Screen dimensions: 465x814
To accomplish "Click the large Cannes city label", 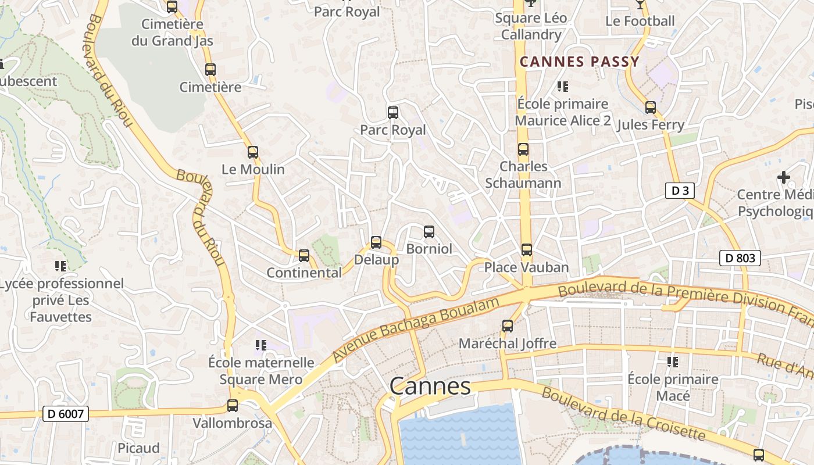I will tap(430, 387).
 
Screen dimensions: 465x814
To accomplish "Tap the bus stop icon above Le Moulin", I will tap(252, 152).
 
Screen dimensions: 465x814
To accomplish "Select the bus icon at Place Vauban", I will tap(526, 250).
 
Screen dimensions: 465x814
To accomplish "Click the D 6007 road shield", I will tap(66, 414).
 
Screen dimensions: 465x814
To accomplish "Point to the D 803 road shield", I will tap(740, 258).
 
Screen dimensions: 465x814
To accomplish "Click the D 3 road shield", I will tap(680, 191).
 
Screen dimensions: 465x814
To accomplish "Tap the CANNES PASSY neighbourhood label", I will tap(579, 62).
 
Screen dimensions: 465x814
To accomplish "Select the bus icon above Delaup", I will tap(376, 242).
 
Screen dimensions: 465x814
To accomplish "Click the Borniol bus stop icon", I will tap(429, 232).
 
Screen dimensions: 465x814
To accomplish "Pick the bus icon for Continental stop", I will tap(304, 256).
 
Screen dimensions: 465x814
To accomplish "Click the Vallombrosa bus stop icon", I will tap(233, 406).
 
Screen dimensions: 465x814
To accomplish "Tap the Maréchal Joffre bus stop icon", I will tap(508, 326).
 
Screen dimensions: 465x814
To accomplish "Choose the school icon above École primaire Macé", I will tap(673, 362).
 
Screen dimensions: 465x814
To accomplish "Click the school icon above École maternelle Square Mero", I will tap(261, 345).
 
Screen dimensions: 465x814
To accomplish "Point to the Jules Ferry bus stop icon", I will tap(650, 108).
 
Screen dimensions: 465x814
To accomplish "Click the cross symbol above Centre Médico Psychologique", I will tap(784, 177).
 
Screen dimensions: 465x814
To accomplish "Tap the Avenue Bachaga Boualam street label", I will tap(416, 330).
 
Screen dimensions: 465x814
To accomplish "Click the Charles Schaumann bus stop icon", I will tap(523, 149).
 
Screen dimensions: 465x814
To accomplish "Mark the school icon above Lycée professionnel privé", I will tap(60, 266).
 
